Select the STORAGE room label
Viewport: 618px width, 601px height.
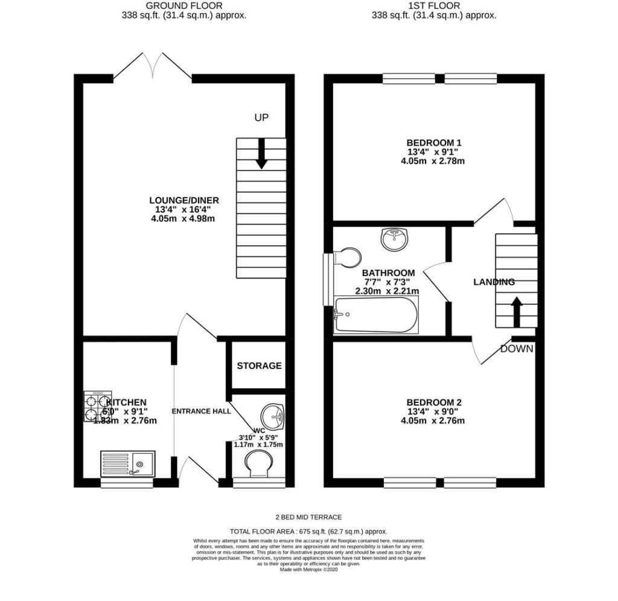point(259,366)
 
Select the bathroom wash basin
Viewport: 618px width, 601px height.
point(395,239)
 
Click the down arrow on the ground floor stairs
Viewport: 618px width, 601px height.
point(262,153)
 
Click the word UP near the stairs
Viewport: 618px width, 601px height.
point(261,117)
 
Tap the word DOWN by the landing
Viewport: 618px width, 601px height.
point(517,349)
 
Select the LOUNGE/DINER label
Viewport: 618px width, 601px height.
point(184,201)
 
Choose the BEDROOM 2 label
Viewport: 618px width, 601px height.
point(434,403)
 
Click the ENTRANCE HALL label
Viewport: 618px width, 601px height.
point(202,411)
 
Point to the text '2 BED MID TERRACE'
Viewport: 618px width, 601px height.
point(309,517)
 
